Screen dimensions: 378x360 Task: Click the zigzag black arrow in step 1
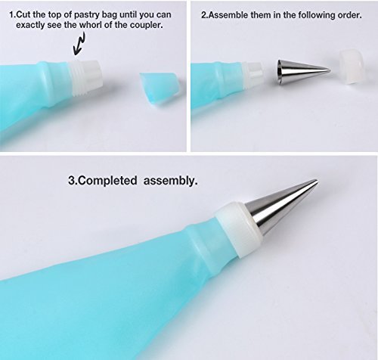tap(79, 45)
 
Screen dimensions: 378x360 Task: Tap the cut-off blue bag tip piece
tap(159, 88)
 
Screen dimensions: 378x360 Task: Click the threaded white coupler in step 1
tap(85, 78)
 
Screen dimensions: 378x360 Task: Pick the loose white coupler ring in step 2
tap(352, 66)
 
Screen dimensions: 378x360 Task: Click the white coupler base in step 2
tap(253, 76)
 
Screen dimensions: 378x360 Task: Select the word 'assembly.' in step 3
tap(171, 182)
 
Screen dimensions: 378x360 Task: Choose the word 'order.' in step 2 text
tap(349, 15)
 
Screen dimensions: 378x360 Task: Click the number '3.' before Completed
tap(71, 181)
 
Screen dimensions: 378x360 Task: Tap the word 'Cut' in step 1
tap(23, 14)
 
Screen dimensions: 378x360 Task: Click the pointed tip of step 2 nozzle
tap(330, 71)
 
